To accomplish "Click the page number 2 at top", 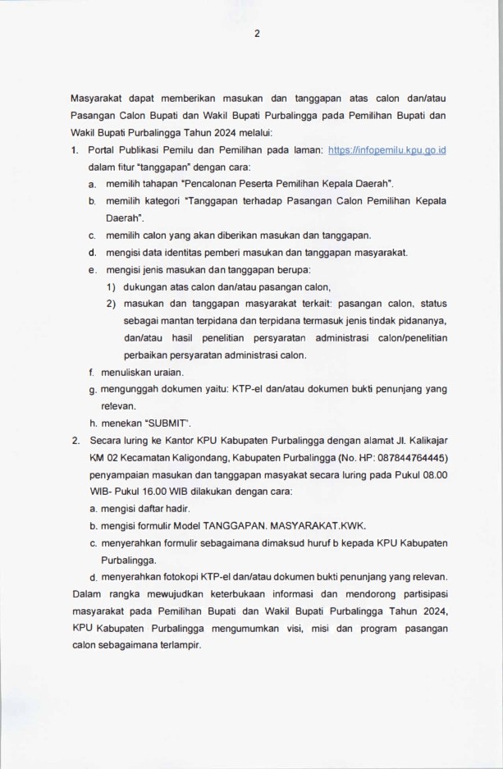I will tap(257, 34).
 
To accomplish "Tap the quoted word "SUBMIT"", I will tap(168, 423).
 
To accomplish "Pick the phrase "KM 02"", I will tap(103, 457).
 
